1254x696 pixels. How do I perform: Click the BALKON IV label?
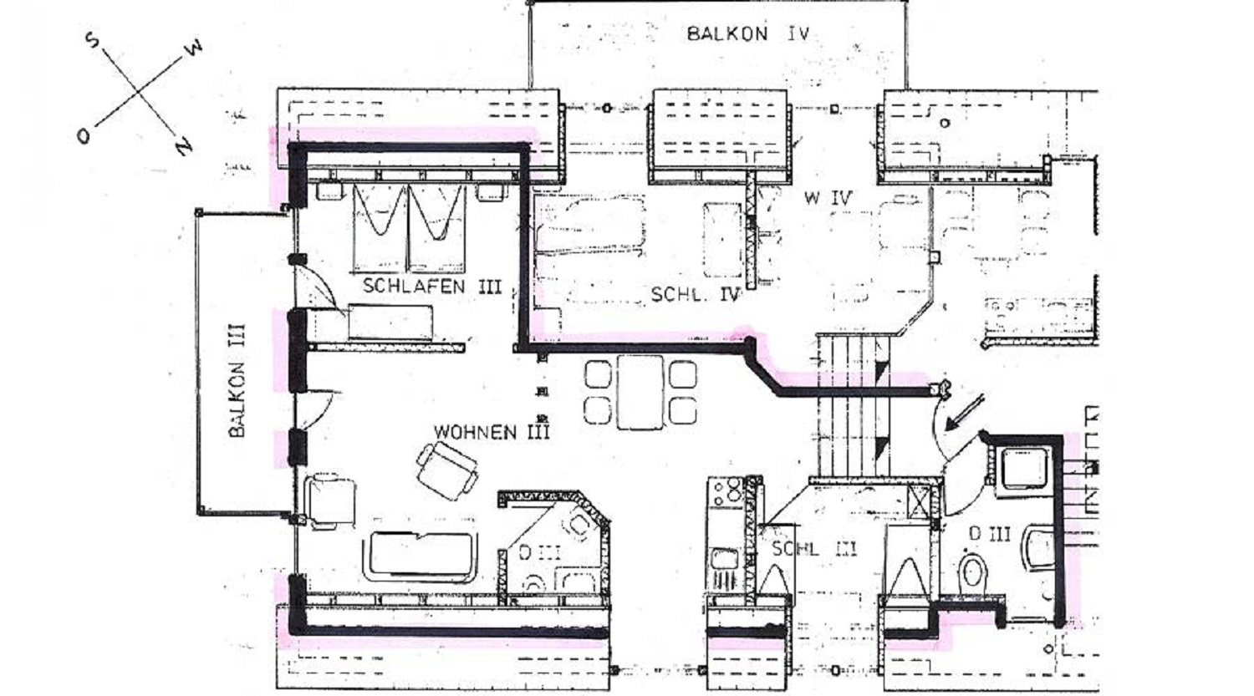(x=748, y=33)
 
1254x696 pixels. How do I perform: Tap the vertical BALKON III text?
(x=237, y=380)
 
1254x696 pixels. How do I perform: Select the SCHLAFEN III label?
(x=431, y=286)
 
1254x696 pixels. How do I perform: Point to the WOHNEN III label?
(x=492, y=432)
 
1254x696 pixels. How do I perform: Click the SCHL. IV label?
(x=696, y=294)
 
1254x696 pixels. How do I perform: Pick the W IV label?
(x=828, y=197)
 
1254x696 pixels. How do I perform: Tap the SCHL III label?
(x=814, y=549)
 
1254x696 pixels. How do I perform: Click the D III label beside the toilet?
(x=990, y=534)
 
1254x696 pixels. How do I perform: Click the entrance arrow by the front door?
(x=965, y=413)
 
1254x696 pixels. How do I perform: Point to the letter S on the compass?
(x=92, y=40)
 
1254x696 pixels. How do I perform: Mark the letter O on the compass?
(x=84, y=136)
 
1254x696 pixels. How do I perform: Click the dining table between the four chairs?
(x=640, y=392)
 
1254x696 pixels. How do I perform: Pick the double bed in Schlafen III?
(x=410, y=228)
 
